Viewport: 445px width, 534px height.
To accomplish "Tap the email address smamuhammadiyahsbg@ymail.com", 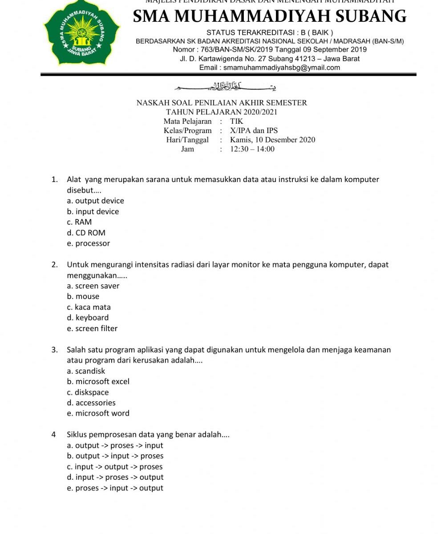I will pyautogui.click(x=281, y=68).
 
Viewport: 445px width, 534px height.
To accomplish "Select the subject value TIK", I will pyautogui.click(x=237, y=121).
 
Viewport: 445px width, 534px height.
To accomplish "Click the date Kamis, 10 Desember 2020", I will pyautogui.click(x=272, y=140).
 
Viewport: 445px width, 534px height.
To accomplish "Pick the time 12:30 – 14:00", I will pyautogui.click(x=252, y=149).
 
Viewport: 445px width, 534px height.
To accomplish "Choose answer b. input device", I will pyautogui.click(x=93, y=211).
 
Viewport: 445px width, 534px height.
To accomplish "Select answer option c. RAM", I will pyautogui.click(x=80, y=222).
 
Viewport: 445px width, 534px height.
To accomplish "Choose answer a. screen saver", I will pyautogui.click(x=93, y=286).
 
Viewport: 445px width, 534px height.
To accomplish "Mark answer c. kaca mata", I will pyautogui.click(x=89, y=307).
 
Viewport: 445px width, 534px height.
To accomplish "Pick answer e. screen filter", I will pyautogui.click(x=92, y=328).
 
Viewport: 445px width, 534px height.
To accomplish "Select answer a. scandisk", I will pyautogui.click(x=86, y=371).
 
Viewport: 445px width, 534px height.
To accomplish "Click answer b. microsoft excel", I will pyautogui.click(x=98, y=381).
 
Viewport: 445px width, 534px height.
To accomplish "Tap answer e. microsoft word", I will pyautogui.click(x=98, y=413).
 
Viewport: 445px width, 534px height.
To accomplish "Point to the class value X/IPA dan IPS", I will pyautogui.click(x=254, y=130).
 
